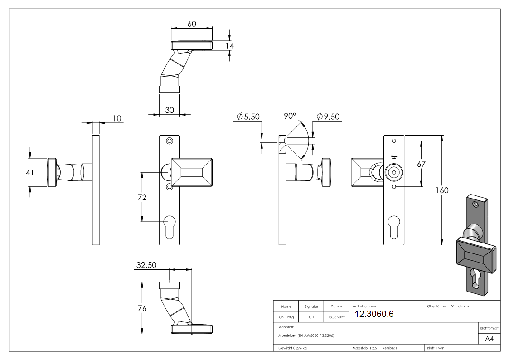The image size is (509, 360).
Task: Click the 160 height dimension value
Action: point(443,190)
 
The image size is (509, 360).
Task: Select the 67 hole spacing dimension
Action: point(422,164)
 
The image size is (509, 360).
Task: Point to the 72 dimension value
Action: point(142,198)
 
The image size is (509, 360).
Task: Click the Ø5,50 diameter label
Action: point(248,117)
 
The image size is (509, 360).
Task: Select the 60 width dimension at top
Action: point(191,24)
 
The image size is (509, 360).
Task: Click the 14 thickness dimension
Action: point(230,46)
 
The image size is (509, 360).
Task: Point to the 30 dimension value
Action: point(170,110)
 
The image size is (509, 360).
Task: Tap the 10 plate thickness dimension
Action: point(117,118)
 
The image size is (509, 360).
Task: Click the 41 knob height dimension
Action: point(30,172)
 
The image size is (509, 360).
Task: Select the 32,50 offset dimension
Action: point(146,266)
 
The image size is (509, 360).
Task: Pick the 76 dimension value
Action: point(142,308)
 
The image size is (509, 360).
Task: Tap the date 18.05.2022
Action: point(336,317)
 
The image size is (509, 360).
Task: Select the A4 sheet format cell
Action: point(489,339)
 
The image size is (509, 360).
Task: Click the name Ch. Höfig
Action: point(286,317)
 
